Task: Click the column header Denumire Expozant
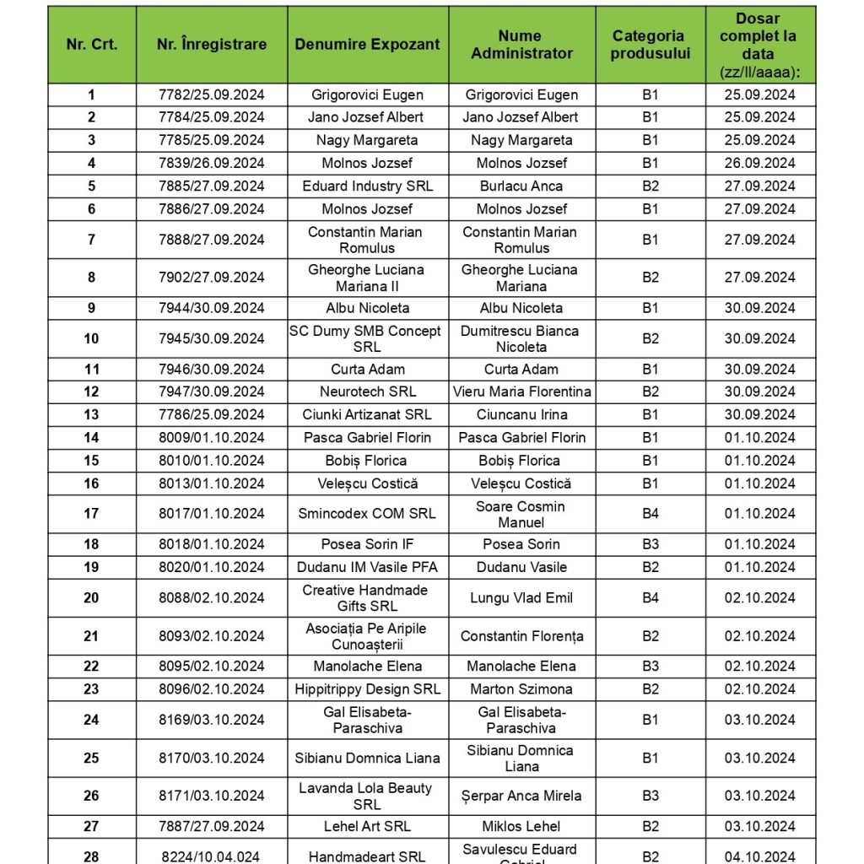[x=367, y=45]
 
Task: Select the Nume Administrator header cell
[x=521, y=45]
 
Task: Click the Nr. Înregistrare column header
[x=212, y=45]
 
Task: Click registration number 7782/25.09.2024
[x=212, y=94]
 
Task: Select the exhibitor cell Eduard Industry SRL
[x=367, y=186]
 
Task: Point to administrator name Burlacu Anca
[x=521, y=186]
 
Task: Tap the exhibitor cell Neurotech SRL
[x=367, y=391]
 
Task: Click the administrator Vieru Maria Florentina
[x=521, y=391]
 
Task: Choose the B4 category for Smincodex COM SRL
[x=650, y=513]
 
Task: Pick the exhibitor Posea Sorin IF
[x=367, y=544]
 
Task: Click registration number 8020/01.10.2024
[x=212, y=567]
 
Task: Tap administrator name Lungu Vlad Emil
[x=521, y=597]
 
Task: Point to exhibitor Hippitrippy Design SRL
[x=367, y=688]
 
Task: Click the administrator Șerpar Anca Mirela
[x=521, y=796]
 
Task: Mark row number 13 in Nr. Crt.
[x=91, y=414]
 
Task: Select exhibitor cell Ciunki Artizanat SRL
[x=367, y=414]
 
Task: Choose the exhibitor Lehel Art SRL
[x=367, y=826]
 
